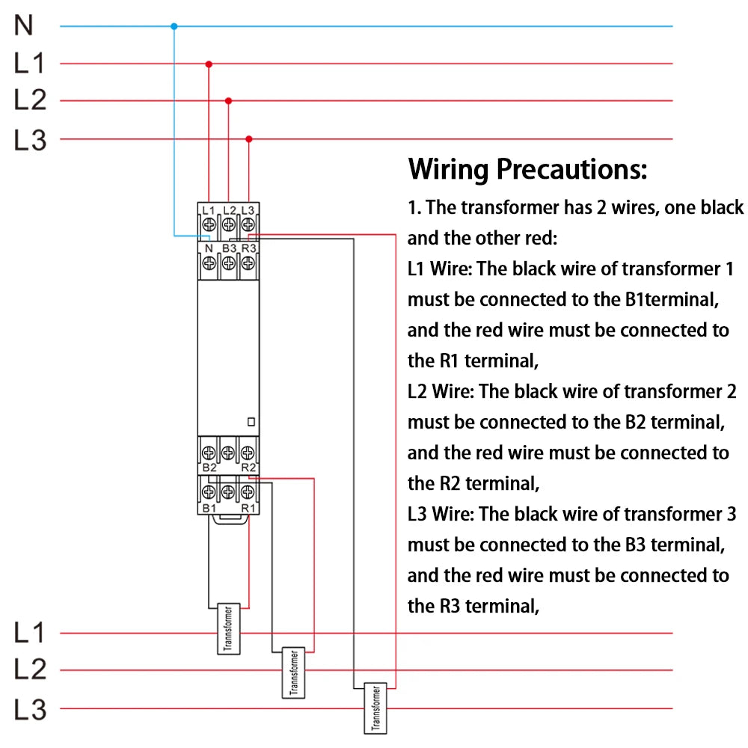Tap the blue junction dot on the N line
[174, 26]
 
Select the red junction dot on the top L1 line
[209, 64]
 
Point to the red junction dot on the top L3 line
[249, 138]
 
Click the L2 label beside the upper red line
[30, 100]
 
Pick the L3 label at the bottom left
[30, 708]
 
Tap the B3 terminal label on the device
[229, 248]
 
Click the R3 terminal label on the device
[249, 248]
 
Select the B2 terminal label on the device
[209, 467]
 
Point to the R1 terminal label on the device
[249, 509]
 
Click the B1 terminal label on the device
[209, 509]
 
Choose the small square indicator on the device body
[251, 422]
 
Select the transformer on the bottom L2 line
[294, 672]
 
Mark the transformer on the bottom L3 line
[374, 708]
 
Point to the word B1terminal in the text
[671, 299]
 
